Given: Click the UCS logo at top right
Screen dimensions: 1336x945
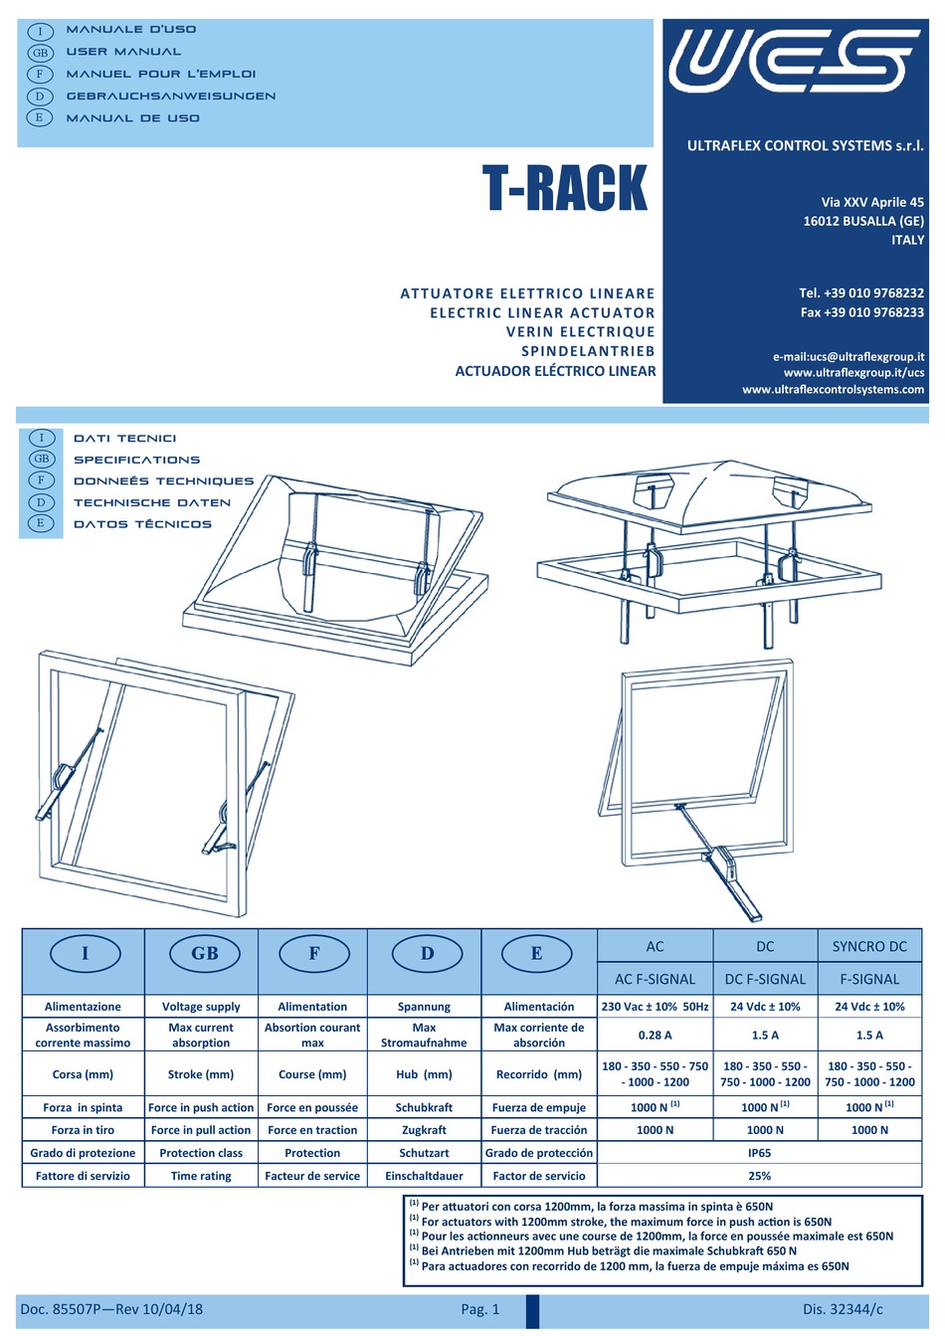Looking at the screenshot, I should click(794, 61).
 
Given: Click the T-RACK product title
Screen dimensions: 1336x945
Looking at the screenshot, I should click(564, 189).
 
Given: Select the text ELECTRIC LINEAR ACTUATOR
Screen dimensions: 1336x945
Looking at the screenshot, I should click(542, 312).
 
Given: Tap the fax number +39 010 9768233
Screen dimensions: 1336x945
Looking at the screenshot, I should click(861, 312).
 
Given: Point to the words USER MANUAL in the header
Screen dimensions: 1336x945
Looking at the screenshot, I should click(123, 52).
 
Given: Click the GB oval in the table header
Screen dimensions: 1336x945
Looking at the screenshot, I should click(204, 953).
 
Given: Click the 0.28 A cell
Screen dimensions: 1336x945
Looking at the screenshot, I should click(655, 1035).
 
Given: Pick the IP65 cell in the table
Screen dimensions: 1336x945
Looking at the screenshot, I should click(759, 1153).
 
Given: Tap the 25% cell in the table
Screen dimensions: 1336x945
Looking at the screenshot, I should click(759, 1176).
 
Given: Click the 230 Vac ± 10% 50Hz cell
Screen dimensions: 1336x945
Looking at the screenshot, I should click(655, 1007).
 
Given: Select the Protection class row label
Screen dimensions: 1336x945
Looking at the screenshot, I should click(201, 1153).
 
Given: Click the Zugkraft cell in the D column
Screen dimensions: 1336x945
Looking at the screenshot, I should click(424, 1130).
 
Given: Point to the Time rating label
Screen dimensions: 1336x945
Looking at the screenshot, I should click(201, 1176).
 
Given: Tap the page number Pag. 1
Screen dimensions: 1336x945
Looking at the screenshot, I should click(480, 1309).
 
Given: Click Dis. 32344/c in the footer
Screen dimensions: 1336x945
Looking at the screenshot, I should click(843, 1309).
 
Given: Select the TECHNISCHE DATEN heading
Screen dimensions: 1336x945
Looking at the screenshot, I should click(151, 502).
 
